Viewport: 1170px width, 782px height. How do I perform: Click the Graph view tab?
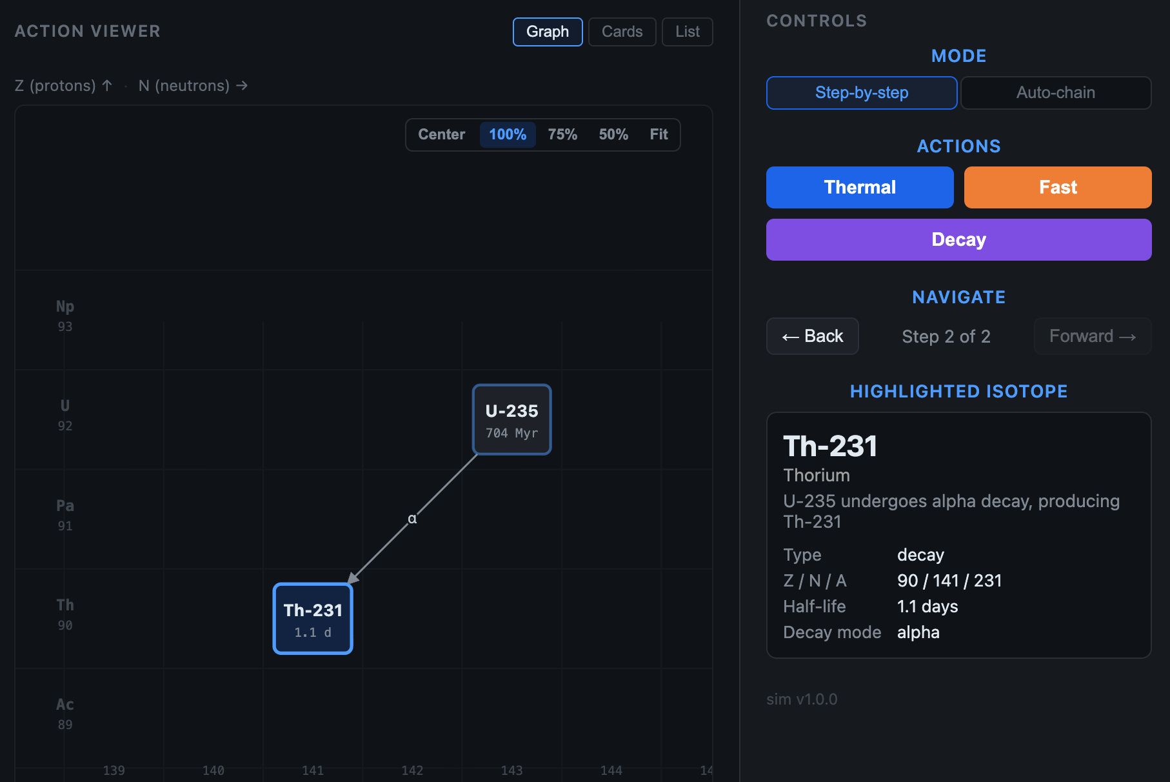coord(548,32)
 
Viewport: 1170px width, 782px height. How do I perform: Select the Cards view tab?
coord(622,32)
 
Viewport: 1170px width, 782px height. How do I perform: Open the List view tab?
coord(688,32)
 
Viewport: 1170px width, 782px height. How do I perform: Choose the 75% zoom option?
coord(562,134)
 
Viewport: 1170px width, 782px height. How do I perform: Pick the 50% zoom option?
coord(613,134)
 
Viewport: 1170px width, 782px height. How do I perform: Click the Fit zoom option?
coord(659,134)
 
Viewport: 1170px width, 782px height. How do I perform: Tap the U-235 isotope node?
coord(512,419)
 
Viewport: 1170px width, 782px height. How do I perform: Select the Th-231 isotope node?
coord(313,619)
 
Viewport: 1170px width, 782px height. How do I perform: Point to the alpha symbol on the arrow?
coord(412,519)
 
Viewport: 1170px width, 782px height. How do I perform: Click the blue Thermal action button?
coord(860,187)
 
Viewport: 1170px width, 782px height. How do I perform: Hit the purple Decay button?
coord(959,239)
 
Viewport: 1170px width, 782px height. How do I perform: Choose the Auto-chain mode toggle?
coord(1056,93)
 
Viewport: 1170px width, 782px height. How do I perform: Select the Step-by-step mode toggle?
coord(862,93)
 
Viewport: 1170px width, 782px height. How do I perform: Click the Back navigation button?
coord(813,336)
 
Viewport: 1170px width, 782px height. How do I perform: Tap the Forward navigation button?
coord(1093,336)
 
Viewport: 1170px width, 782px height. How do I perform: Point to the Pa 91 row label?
coord(65,515)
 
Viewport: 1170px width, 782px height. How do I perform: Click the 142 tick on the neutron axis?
coord(412,770)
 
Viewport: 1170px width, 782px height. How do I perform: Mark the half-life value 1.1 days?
coord(927,607)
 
